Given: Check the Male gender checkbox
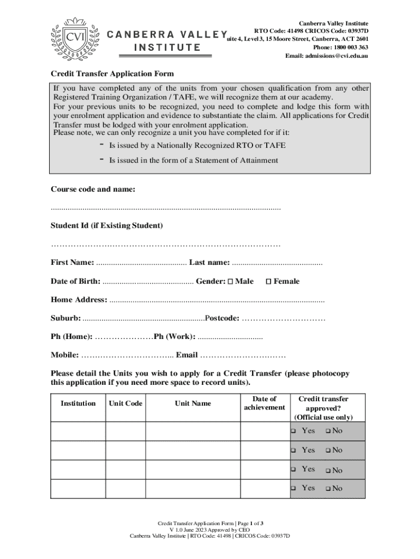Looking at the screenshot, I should (230, 282).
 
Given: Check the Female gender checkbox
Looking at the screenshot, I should (268, 282).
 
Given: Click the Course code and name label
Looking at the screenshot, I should (93, 189).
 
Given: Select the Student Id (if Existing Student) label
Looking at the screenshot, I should (106, 225).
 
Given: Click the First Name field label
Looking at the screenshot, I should (72, 263).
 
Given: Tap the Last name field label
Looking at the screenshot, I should (209, 263).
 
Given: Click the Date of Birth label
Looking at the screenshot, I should (75, 281).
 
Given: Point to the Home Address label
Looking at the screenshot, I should (79, 300).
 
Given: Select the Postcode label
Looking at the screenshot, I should (221, 318).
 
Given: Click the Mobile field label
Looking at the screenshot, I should (64, 355).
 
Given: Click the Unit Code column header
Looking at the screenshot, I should (125, 403).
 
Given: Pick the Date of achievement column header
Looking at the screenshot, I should (265, 403).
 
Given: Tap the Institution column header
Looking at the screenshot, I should (78, 403).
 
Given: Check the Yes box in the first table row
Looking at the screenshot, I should (293, 431).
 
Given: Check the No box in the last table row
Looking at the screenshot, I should (328, 489).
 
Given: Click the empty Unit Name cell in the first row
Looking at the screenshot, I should (193, 431).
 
